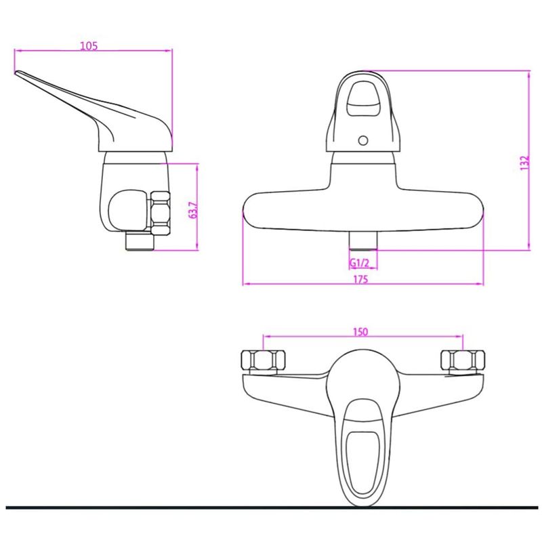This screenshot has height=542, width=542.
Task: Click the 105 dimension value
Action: (89, 45)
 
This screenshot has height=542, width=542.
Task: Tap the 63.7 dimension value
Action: (194, 210)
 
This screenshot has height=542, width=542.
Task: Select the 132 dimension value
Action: (524, 163)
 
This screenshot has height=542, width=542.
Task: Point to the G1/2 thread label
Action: (360, 263)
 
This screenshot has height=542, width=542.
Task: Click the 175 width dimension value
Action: (360, 279)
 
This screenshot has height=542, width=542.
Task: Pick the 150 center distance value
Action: (360, 332)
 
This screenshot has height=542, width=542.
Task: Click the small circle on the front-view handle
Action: (363, 141)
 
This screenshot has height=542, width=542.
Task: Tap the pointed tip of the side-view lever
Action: (16, 72)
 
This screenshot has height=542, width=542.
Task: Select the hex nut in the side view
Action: (161, 213)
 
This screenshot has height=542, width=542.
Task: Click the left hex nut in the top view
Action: (263, 361)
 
